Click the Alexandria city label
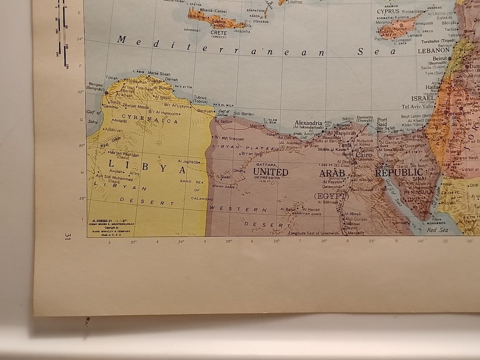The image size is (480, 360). [308, 123]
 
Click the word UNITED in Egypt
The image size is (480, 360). [270, 172]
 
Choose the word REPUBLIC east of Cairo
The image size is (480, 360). [399, 172]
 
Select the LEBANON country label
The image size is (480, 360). [432, 50]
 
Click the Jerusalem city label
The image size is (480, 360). [457, 113]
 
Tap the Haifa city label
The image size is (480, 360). [431, 86]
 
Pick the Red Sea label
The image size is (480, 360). [436, 230]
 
